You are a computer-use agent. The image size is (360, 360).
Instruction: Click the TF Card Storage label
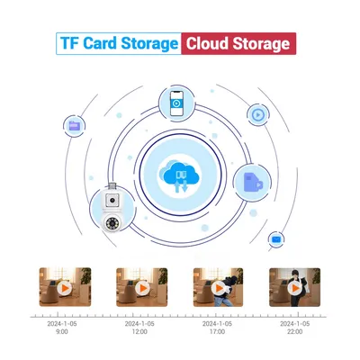point(119,43)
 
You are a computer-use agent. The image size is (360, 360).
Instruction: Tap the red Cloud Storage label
point(238,43)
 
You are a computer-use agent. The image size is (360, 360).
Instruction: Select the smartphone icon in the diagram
point(176,103)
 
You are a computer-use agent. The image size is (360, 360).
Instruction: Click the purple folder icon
point(75,126)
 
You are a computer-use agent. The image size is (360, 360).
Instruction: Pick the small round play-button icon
point(257,114)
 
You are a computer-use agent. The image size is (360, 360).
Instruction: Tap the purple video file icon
point(253,183)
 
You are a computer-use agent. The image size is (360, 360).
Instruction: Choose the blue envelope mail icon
point(276,239)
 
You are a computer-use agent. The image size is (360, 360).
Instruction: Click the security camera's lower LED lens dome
point(112,224)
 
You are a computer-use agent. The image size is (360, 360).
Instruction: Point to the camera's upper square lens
point(112,200)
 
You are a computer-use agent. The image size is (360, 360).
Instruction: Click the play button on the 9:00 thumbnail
point(65,289)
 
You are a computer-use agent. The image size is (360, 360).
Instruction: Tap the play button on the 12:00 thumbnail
point(142,289)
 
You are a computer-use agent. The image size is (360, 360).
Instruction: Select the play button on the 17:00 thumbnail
point(219,289)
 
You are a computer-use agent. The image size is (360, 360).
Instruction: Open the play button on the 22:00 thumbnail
point(294,289)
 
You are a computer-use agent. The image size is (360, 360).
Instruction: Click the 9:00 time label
point(62,332)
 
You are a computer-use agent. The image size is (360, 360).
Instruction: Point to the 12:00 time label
point(139,332)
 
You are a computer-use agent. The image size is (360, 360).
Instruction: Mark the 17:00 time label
point(217,332)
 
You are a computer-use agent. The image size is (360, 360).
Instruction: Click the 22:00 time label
point(294,332)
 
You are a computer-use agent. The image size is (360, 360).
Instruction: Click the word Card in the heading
point(99,43)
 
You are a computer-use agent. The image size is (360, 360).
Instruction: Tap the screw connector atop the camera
point(112,186)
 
